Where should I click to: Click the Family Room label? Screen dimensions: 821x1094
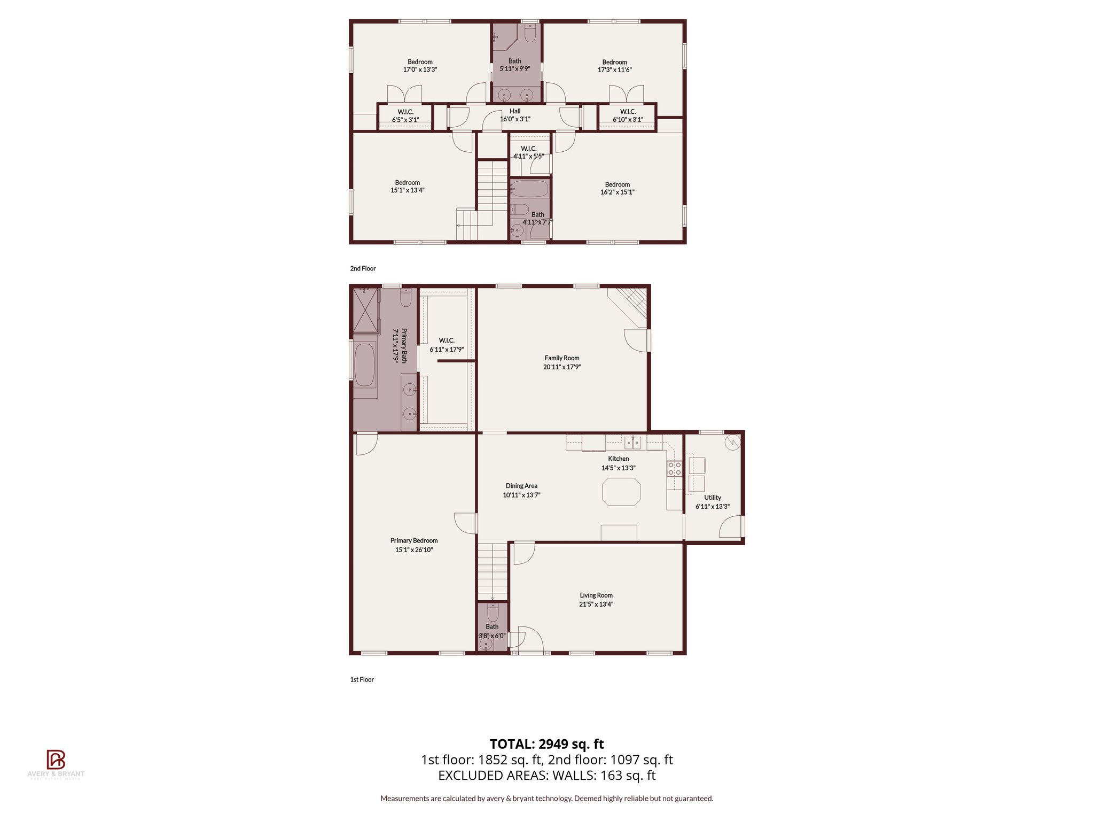(561, 358)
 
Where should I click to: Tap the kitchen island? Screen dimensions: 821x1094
(621, 492)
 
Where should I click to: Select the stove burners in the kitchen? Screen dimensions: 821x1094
(674, 469)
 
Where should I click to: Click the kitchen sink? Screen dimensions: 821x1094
(632, 443)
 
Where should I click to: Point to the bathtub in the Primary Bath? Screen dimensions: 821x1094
(365, 365)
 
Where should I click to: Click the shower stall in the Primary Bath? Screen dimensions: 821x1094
(365, 310)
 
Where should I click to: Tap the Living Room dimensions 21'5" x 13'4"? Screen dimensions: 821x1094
(596, 605)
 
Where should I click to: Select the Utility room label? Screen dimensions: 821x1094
(712, 498)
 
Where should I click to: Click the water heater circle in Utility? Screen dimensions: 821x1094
(732, 442)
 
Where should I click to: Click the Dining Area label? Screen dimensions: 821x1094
(521, 486)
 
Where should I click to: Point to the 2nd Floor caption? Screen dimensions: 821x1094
(363, 269)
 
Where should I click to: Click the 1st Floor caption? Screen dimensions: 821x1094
(362, 680)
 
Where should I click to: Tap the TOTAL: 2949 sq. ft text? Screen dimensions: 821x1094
(546, 744)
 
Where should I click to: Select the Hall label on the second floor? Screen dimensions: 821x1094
(515, 111)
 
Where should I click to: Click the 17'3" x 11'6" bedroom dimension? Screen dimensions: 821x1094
(614, 70)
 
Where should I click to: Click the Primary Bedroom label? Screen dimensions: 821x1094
(413, 541)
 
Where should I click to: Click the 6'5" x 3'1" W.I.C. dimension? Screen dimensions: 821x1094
(405, 120)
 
